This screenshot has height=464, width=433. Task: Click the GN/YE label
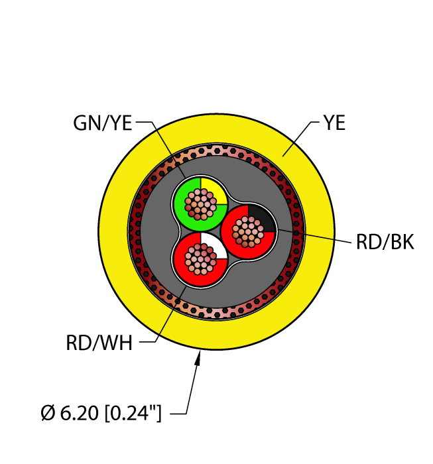click(x=103, y=123)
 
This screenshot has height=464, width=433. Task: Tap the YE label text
click(x=334, y=123)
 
